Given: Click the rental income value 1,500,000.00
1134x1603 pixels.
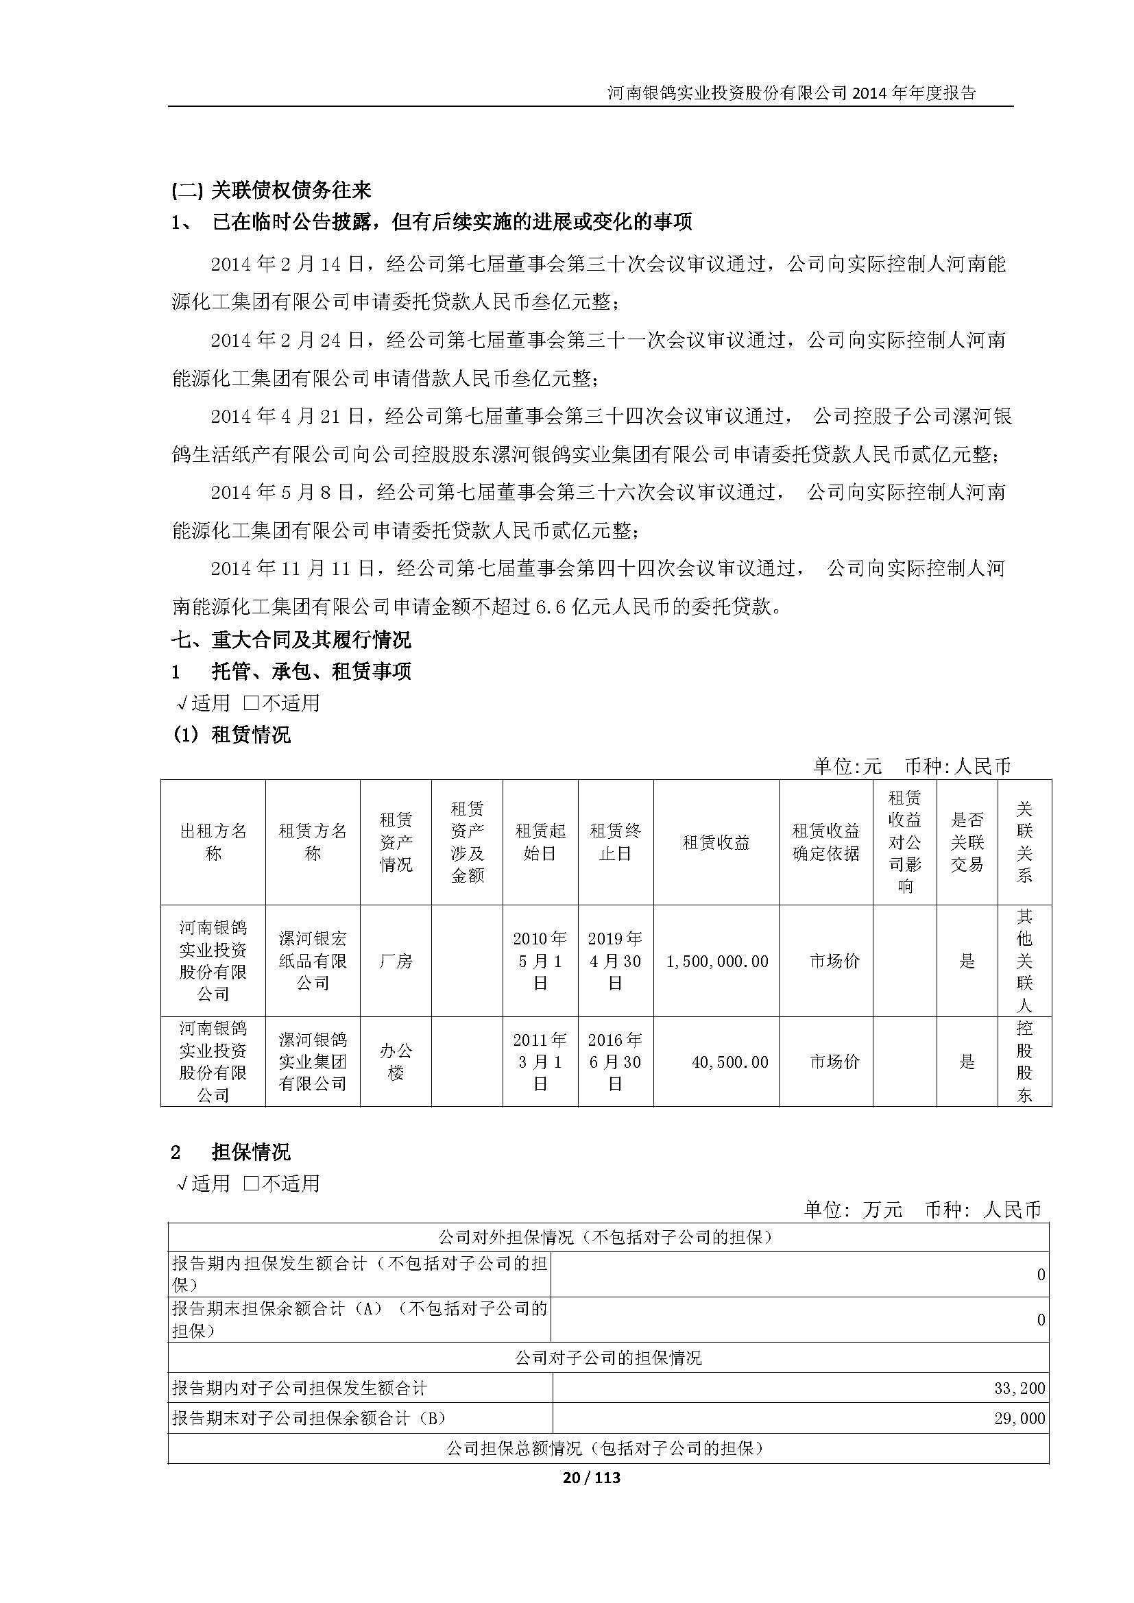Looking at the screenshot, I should coord(717,962).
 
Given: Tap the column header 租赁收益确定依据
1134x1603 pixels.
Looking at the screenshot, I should coord(825,842).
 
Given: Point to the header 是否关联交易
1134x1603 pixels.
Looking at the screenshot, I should coord(967,842).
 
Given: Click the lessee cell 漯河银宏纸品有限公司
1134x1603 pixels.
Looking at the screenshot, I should coord(313,962).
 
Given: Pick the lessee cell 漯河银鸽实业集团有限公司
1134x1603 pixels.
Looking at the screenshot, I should coord(313,1062).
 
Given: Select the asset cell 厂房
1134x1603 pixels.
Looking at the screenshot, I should coord(396,962).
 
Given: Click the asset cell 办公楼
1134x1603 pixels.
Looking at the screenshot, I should coord(396,1062).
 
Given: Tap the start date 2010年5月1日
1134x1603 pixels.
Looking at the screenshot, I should coord(540,962).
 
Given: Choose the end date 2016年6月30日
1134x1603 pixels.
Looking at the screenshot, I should coord(615,1062).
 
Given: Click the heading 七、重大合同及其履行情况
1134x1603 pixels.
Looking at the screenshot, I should coord(291,639).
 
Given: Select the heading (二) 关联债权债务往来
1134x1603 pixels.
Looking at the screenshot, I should coord(271,190).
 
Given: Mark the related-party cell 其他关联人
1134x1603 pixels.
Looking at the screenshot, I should coord(1024,962).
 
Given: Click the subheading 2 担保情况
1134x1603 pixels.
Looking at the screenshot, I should coord(230,1152).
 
